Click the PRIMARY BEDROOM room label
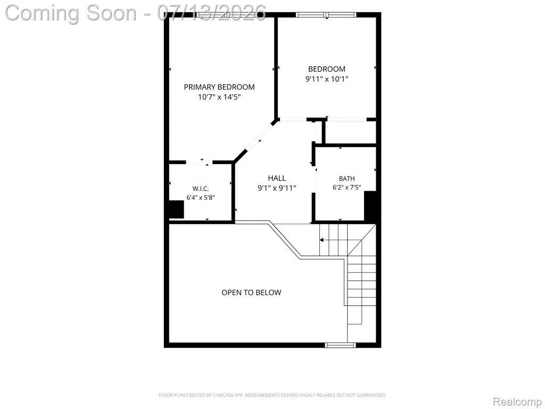(219, 87)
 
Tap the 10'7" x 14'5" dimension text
(219, 97)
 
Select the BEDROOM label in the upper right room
(327, 69)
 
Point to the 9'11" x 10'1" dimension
(327, 79)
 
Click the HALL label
(277, 178)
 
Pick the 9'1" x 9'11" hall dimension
(277, 188)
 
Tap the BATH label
(347, 179)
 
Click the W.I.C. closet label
(201, 189)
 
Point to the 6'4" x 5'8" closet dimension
(201, 198)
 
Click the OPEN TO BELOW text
(251, 292)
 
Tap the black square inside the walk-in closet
(176, 209)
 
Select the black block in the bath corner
(370, 206)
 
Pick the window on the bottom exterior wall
(341, 345)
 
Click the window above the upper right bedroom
(326, 14)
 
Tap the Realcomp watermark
(517, 402)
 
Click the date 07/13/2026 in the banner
(212, 13)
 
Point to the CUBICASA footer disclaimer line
(272, 395)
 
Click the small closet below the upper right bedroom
(350, 132)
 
